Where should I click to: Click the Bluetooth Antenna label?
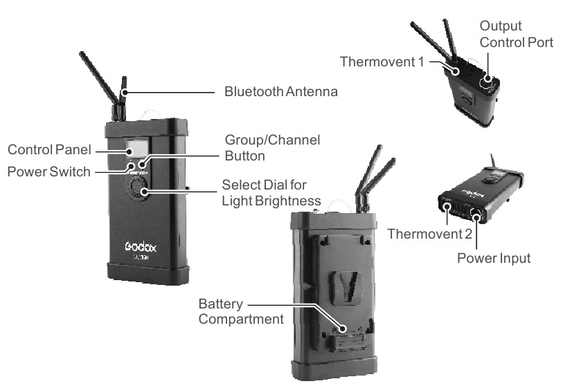click(x=280, y=92)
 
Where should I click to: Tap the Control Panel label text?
click(x=49, y=150)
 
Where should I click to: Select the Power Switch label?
click(x=49, y=172)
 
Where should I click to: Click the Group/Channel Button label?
click(x=272, y=148)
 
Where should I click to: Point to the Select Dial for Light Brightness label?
click(x=271, y=193)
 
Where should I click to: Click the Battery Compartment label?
click(x=241, y=311)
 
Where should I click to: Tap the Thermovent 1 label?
click(x=382, y=62)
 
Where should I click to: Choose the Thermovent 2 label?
click(x=430, y=234)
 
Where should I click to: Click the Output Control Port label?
click(x=517, y=34)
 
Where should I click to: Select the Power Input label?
click(x=494, y=258)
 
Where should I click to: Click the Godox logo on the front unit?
click(x=141, y=246)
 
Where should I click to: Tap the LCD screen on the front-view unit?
click(x=137, y=148)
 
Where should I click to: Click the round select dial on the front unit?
click(x=138, y=188)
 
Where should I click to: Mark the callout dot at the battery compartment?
click(x=343, y=328)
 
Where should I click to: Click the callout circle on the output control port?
click(x=488, y=79)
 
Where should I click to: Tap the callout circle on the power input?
click(x=476, y=217)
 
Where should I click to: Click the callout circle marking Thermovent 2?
click(x=447, y=207)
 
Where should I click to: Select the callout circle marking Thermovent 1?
click(x=455, y=71)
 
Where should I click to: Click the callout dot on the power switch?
click(x=132, y=167)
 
